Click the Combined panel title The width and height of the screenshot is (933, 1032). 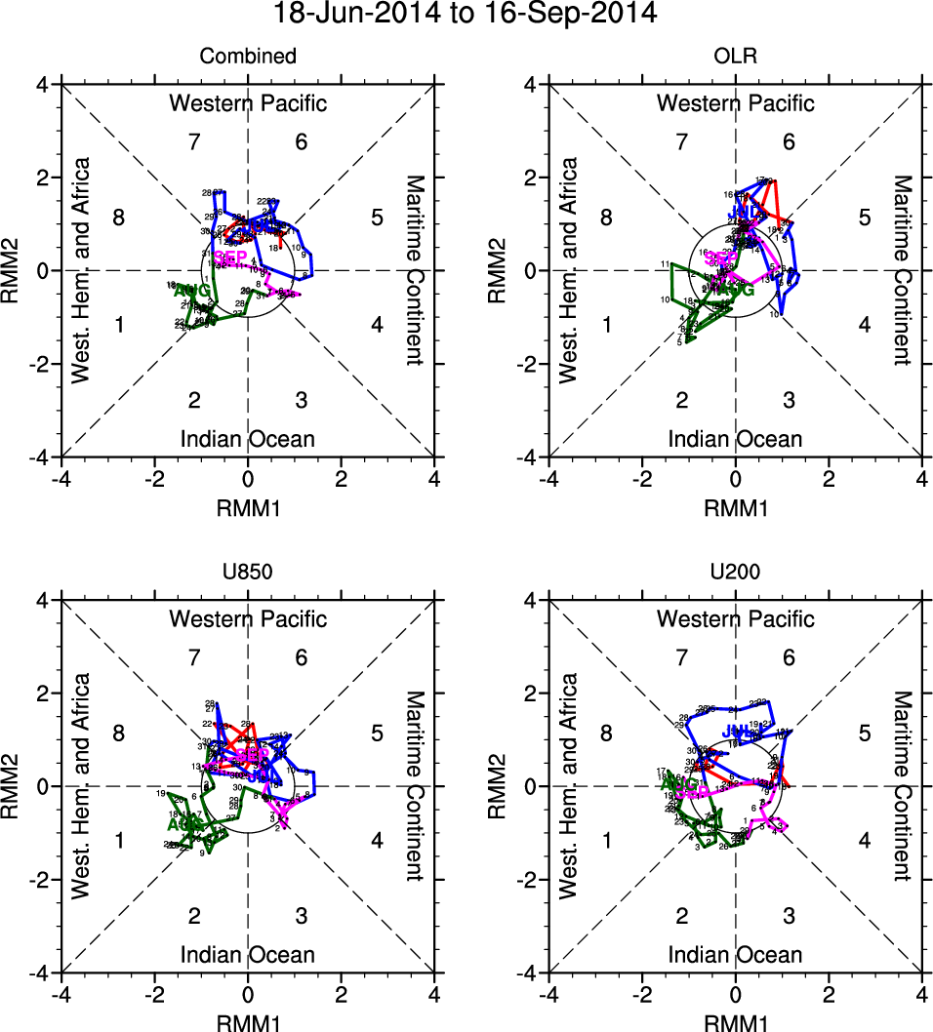click(x=248, y=57)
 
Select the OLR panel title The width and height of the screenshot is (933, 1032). click(x=735, y=57)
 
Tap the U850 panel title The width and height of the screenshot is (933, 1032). click(x=248, y=573)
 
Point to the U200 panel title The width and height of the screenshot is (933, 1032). click(x=735, y=573)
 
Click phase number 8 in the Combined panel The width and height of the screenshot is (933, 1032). click(x=119, y=218)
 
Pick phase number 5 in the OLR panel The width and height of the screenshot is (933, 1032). click(x=864, y=218)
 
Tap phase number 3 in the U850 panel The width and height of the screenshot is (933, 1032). click(x=302, y=915)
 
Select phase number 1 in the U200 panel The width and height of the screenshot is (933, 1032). click(x=607, y=840)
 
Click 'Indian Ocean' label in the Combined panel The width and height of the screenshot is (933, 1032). click(x=248, y=439)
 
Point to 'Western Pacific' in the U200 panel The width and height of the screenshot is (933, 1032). click(x=735, y=618)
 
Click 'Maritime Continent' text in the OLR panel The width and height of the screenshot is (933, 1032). click(x=902, y=270)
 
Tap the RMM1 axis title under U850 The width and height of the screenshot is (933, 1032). click(x=248, y=1020)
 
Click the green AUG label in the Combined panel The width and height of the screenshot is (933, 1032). click(x=190, y=291)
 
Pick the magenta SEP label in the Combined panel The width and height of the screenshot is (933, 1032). click(x=230, y=258)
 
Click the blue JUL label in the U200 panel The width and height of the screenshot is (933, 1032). click(x=737, y=732)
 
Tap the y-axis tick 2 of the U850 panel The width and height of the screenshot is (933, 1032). click(x=45, y=694)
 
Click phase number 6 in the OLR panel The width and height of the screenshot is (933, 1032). click(x=789, y=142)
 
